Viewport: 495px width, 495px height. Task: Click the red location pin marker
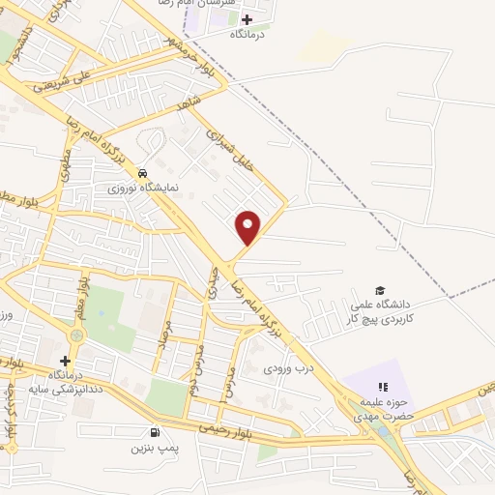click(x=248, y=227)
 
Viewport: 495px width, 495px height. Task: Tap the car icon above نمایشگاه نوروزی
click(x=143, y=174)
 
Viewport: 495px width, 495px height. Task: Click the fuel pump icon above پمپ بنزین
click(x=154, y=433)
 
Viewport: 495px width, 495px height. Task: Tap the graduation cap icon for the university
click(x=380, y=291)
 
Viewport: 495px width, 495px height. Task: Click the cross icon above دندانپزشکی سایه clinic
click(x=65, y=361)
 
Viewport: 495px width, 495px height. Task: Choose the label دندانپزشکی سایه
click(x=59, y=387)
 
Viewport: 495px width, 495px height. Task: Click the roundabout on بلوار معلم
click(x=76, y=335)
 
